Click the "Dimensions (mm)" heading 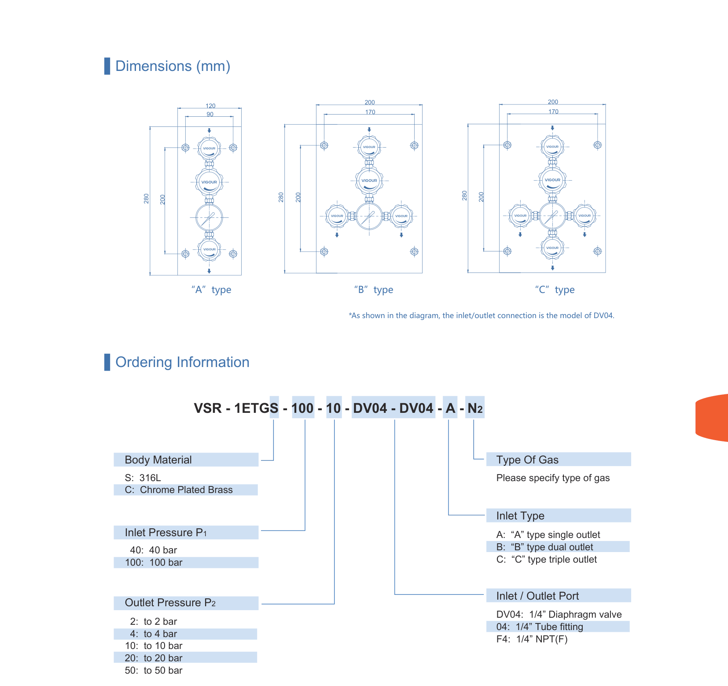coord(173,66)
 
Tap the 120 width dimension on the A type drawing coord(210,106)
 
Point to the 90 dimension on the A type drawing coord(210,114)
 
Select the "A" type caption coord(211,289)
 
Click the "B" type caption coord(374,289)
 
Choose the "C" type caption coord(555,289)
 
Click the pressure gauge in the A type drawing coord(209,218)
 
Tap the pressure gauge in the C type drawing coord(552,216)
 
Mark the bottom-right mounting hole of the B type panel coord(414,252)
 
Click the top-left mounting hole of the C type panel coord(507,145)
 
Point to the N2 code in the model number coord(475,408)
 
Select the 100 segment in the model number coord(302,408)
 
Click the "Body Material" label coord(158,460)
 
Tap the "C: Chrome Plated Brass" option coord(179,489)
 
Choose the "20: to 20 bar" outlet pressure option coord(154,658)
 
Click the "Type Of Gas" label coord(527,460)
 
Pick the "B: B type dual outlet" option coord(544,547)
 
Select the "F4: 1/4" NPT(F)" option coord(532,639)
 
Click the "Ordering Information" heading coord(182,362)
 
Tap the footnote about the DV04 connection coord(482,315)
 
